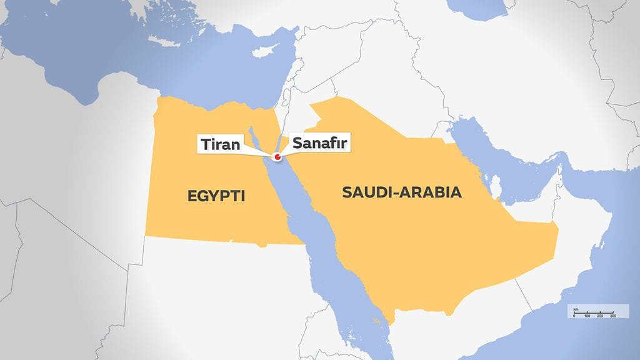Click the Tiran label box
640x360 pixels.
(x=219, y=144)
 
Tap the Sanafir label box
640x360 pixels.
(x=317, y=144)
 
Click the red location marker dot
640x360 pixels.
(x=276, y=157)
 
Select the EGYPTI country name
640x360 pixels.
(x=216, y=197)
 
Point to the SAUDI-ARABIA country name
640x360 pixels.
(x=402, y=192)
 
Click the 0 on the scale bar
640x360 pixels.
(x=574, y=316)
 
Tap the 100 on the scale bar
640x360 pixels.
(x=587, y=316)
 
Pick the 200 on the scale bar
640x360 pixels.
(x=600, y=316)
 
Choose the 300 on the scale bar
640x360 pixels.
(x=613, y=316)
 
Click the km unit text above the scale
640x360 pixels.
(x=576, y=309)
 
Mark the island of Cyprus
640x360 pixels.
(x=269, y=51)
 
